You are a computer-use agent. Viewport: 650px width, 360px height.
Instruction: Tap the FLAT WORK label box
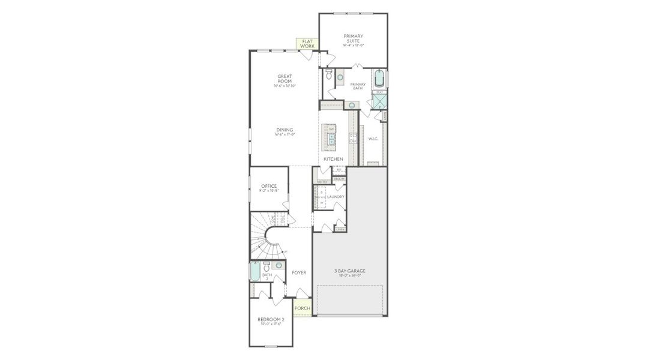pyautogui.click(x=307, y=43)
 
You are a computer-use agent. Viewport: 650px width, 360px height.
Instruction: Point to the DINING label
pyautogui.click(x=284, y=131)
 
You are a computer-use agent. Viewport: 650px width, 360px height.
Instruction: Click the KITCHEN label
pyautogui.click(x=333, y=159)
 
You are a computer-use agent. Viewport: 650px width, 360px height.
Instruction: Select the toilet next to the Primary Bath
pyautogui.click(x=328, y=76)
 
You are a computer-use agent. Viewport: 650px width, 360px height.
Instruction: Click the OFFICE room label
pyautogui.click(x=269, y=187)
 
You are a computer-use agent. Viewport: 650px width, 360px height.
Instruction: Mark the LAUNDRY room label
pyautogui.click(x=336, y=197)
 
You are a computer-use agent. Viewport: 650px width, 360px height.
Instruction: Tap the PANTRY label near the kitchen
pyautogui.click(x=322, y=181)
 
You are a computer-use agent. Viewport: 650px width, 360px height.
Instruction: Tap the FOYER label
pyautogui.click(x=299, y=273)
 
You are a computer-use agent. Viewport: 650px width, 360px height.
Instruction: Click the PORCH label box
pyautogui.click(x=302, y=308)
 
